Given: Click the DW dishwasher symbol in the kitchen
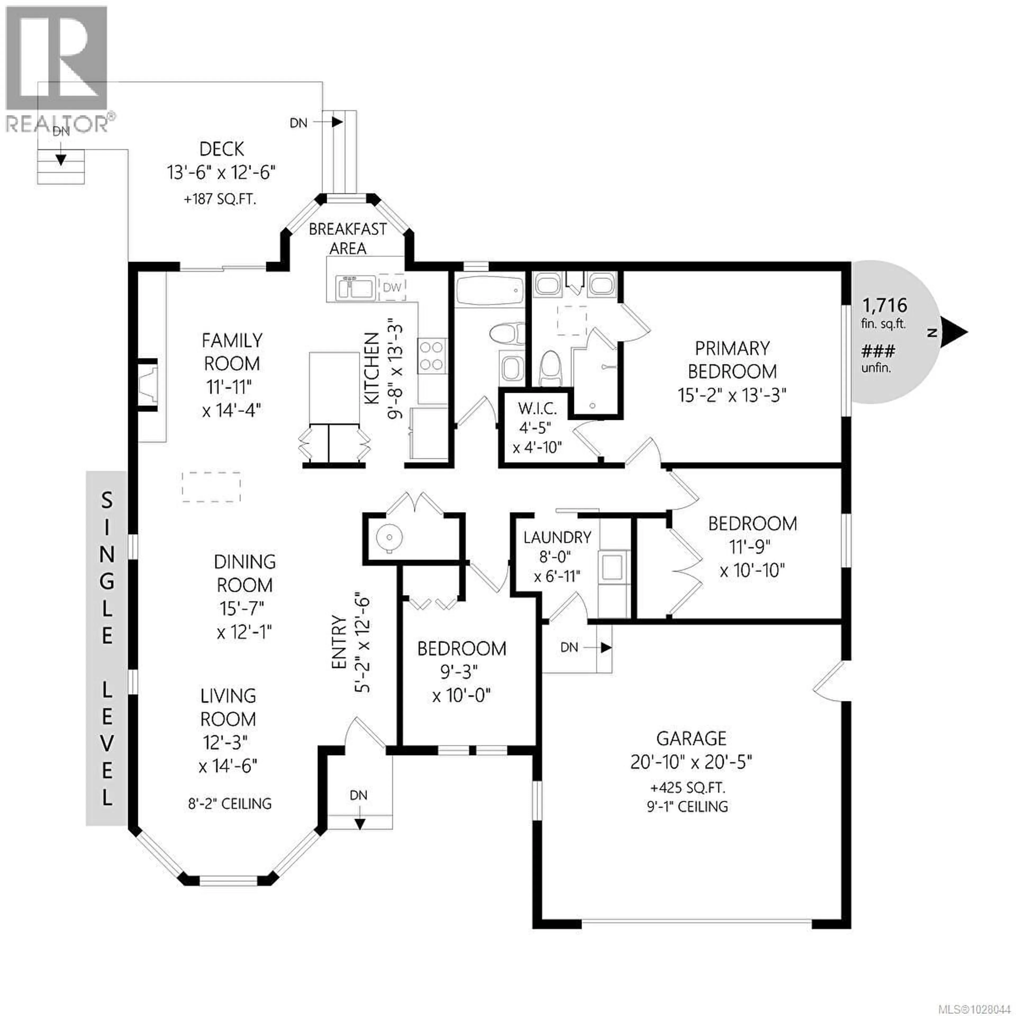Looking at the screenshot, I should point(392,287).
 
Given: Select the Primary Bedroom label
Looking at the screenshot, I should point(732,360).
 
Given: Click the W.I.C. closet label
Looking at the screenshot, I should point(537,409).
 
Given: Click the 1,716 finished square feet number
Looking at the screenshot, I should point(885,305).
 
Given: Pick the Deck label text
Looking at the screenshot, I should point(221,149).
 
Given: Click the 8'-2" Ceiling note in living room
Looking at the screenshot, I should point(230,804).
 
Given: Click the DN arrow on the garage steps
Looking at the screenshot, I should point(606,647).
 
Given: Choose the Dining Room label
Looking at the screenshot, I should point(244,573).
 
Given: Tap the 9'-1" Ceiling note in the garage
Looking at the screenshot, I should point(687,806).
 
